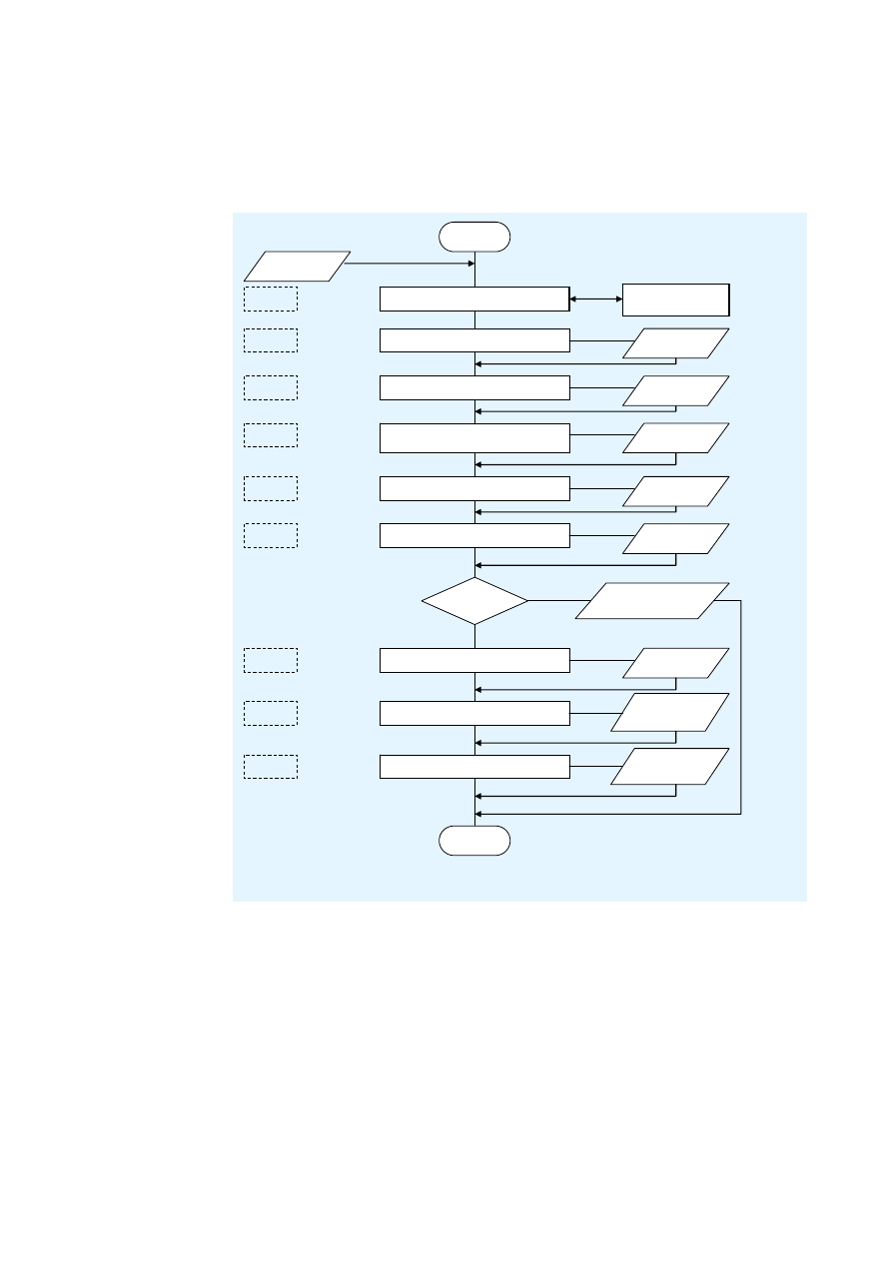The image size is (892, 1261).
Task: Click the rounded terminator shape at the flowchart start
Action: (x=474, y=237)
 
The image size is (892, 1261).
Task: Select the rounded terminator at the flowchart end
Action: (x=474, y=841)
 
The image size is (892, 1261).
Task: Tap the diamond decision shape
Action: (x=474, y=601)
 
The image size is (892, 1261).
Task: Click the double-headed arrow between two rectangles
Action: (x=595, y=299)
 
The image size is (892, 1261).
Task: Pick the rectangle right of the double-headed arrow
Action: (x=675, y=299)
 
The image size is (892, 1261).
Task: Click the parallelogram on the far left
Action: (x=298, y=265)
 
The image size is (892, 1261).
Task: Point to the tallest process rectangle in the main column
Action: (x=474, y=437)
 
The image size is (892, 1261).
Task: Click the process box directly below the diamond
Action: (x=474, y=660)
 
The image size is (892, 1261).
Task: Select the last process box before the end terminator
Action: (x=474, y=767)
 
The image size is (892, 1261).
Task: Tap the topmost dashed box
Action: (x=270, y=299)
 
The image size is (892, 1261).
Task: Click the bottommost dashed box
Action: (x=270, y=767)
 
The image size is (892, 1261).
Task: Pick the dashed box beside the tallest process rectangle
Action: (x=270, y=435)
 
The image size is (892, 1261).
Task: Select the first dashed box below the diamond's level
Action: (x=270, y=660)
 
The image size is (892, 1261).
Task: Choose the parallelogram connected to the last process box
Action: (x=669, y=766)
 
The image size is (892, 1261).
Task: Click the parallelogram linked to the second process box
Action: (x=675, y=343)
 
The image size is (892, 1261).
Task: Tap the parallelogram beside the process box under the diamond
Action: (x=675, y=663)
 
